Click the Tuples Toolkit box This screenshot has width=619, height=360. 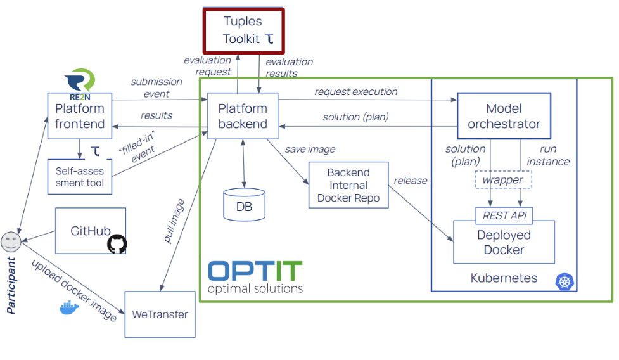click(x=243, y=30)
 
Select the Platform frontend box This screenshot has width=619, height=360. click(x=79, y=115)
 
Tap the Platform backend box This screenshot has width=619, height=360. click(x=243, y=117)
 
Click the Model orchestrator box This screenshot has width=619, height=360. click(x=504, y=117)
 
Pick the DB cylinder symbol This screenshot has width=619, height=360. click(x=244, y=203)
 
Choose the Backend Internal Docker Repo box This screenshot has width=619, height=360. click(x=348, y=185)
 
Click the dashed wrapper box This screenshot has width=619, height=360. click(x=503, y=180)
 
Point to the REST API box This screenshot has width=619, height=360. click(x=504, y=215)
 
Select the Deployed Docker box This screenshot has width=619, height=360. click(x=504, y=242)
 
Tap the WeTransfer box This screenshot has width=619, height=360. click(x=160, y=314)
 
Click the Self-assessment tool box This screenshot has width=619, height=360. click(x=79, y=177)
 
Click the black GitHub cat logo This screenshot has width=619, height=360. click(x=117, y=244)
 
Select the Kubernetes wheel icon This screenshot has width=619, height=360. click(x=564, y=281)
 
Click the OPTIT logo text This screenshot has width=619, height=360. click(x=255, y=271)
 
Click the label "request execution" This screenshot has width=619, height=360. click(x=355, y=92)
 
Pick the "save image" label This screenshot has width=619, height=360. click(x=310, y=149)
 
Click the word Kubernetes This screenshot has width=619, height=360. click(x=504, y=278)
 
